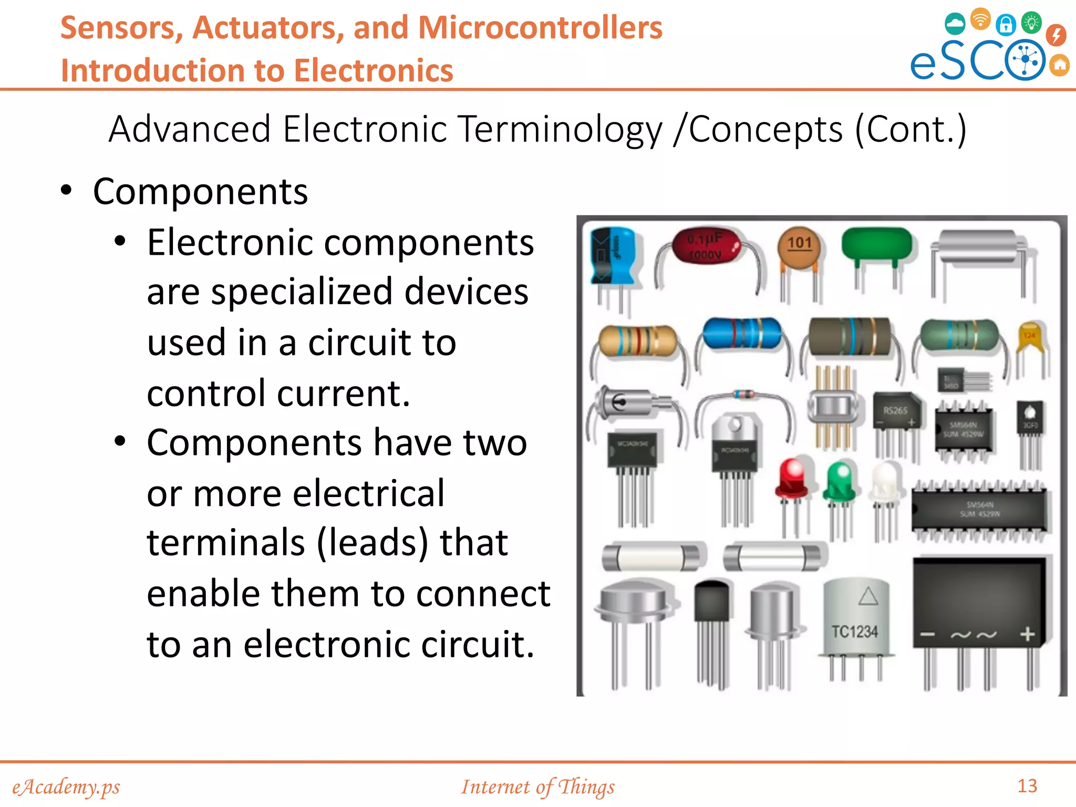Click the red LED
click(792, 478)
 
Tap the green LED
click(840, 480)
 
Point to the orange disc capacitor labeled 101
click(799, 247)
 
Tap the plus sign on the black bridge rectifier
click(1027, 635)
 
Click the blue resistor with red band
click(741, 333)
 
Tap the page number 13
click(1027, 786)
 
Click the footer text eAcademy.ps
click(66, 787)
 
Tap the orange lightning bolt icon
click(1056, 35)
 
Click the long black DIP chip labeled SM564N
click(979, 510)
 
